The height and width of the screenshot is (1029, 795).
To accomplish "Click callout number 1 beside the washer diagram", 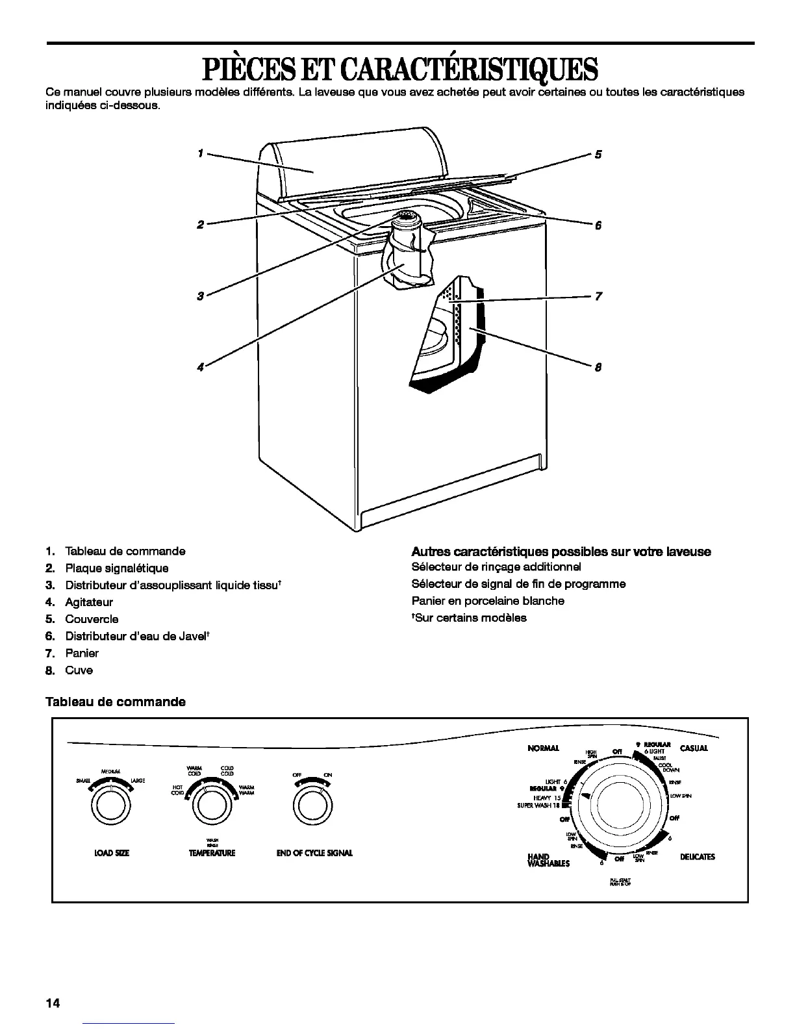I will tap(201, 153).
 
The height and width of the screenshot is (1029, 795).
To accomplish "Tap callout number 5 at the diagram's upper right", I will tap(598, 155).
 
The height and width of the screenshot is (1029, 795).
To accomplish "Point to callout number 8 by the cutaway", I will tap(598, 368).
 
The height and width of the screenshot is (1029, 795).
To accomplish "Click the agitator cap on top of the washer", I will tap(407, 218).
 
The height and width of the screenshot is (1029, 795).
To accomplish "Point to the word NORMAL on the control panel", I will tap(544, 748).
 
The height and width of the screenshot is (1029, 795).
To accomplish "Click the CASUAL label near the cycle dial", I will tap(694, 748).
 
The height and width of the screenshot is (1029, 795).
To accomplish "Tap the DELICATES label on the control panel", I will tap(697, 857).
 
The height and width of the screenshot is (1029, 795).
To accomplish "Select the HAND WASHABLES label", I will tap(548, 860).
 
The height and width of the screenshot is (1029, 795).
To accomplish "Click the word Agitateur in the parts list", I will tap(89, 602).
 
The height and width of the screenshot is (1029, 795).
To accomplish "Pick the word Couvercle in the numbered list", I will tap(92, 619).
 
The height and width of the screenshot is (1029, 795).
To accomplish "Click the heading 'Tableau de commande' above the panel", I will tap(116, 702).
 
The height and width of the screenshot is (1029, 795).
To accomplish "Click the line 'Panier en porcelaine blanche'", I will tap(488, 601).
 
